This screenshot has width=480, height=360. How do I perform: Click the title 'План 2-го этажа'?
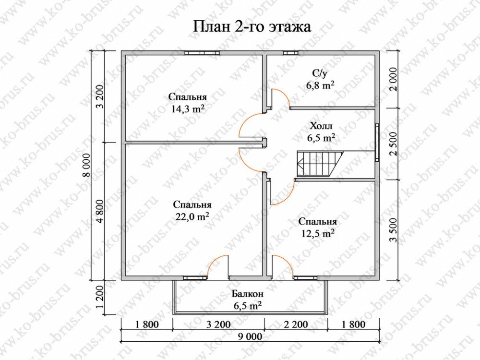point(252,26)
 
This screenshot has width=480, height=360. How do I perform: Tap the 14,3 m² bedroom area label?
point(188,109)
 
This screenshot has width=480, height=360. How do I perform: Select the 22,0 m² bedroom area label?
point(192,216)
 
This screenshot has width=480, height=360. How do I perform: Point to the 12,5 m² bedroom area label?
point(317,234)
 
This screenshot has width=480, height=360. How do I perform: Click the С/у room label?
point(320,74)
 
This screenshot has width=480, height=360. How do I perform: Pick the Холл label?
point(321,126)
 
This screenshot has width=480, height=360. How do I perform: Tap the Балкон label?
point(247,294)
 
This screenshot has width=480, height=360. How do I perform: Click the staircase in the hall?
point(319,164)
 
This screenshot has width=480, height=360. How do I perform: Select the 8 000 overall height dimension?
point(87,165)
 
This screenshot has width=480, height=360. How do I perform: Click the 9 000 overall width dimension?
point(250,336)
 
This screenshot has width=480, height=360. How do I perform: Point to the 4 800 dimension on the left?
point(101,211)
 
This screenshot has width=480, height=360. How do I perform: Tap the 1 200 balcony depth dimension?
point(101,297)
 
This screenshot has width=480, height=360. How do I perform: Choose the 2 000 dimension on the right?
point(394,79)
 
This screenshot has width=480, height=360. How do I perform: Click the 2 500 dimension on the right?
point(394,144)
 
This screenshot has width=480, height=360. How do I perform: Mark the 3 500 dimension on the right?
point(394,230)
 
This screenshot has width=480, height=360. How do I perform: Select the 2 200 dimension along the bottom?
point(296,324)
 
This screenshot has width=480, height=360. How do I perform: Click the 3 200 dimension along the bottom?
point(218,324)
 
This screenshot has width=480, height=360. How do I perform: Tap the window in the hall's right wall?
point(377,142)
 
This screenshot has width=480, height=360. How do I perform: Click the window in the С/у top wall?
point(290,53)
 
